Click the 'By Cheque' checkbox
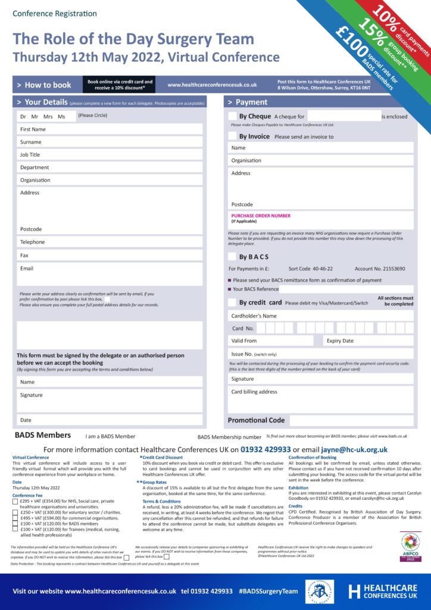pyautogui.click(x=232, y=116)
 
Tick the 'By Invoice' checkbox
pyautogui.click(x=232, y=136)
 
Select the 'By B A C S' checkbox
pyautogui.click(x=232, y=257)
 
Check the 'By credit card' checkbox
pyautogui.click(x=232, y=303)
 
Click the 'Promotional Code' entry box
pyautogui.click(x=351, y=420)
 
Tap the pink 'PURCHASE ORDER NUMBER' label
pyautogui.click(x=261, y=216)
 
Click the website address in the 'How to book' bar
pyautogui.click(x=212, y=85)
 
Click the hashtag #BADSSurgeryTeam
pyautogui.click(x=268, y=591)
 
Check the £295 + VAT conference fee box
pyautogui.click(x=15, y=502)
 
